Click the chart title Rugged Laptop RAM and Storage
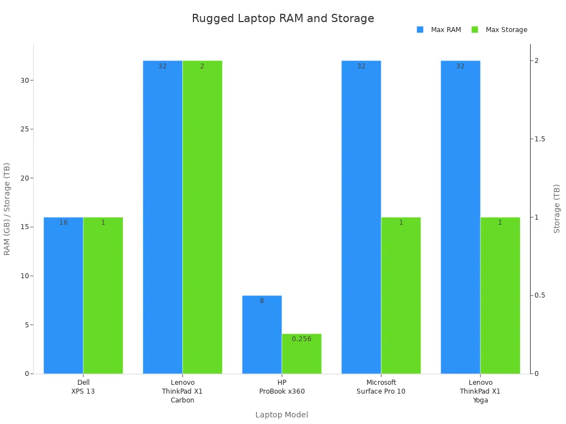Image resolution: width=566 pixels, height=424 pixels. (x=282, y=18)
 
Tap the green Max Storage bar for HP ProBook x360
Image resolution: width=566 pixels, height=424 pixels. (x=301, y=356)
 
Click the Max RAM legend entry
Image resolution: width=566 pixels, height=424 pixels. (x=439, y=30)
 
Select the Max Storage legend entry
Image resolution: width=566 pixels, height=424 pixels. (x=500, y=30)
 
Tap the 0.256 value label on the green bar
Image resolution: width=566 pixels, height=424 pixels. (x=301, y=339)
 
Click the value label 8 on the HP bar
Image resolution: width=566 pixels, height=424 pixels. (x=262, y=301)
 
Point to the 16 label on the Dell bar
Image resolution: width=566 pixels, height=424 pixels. (x=64, y=222)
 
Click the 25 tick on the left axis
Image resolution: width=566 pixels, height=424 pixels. (x=24, y=129)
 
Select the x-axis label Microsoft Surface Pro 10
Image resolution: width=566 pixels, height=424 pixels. (x=381, y=386)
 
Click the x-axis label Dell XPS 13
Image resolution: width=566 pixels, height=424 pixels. (x=83, y=386)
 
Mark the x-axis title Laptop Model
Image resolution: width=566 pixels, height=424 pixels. (x=281, y=415)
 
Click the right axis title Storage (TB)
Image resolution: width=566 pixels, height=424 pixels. (x=557, y=208)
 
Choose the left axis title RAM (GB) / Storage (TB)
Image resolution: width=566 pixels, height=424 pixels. (x=7, y=208)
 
